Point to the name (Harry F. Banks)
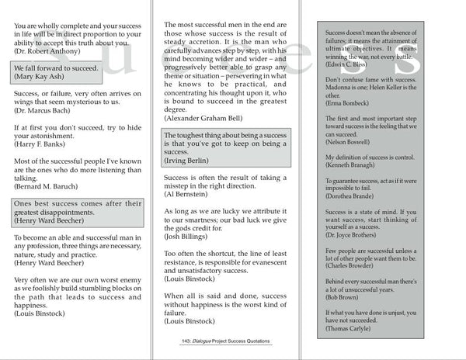pyautogui.click(x=43, y=144)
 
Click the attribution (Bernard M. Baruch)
pyautogui.click(x=49, y=187)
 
